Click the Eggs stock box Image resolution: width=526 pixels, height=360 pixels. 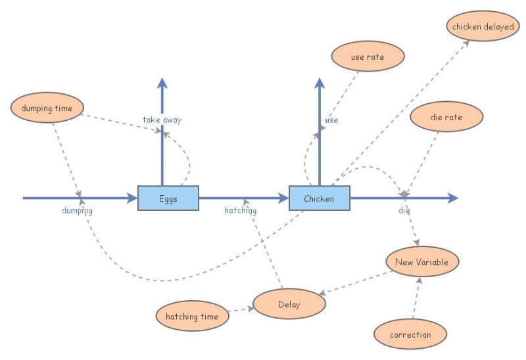[168, 198]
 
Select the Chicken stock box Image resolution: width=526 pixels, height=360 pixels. [320, 198]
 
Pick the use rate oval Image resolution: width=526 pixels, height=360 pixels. [368, 57]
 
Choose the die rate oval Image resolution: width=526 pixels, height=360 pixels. [446, 118]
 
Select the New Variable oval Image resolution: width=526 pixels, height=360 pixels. [421, 262]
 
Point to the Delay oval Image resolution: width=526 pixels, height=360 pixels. [289, 304]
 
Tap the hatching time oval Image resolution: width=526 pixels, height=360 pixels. [191, 317]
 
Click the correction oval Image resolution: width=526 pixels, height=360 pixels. [410, 334]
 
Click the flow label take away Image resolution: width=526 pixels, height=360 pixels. [162, 120]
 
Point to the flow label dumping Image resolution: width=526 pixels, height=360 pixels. [77, 211]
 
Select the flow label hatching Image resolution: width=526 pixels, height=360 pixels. [240, 211]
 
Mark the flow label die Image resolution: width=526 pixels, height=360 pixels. [404, 211]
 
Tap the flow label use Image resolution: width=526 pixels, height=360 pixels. [332, 120]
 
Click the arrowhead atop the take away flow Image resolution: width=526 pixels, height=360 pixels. [162, 82]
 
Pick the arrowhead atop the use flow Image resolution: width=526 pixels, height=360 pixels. [320, 82]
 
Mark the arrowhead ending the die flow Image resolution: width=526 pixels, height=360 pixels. [453, 198]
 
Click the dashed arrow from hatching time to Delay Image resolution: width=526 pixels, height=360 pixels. [240, 309]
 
